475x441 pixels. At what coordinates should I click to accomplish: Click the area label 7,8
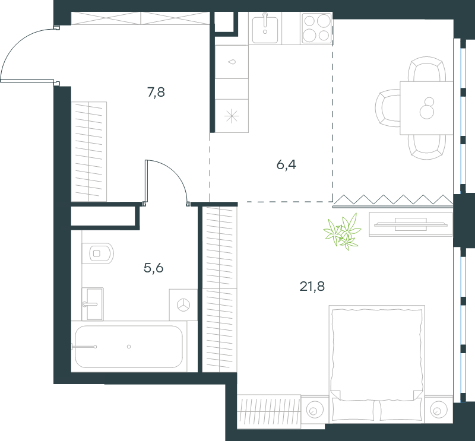pos(156,93)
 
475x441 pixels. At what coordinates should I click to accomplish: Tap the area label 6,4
pos(286,165)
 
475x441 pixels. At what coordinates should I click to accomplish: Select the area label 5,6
pos(154,268)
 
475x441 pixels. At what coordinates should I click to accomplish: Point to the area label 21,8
pos(312,286)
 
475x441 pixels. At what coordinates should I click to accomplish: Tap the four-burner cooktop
pos(316,28)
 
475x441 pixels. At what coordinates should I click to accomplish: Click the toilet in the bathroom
pos(97,253)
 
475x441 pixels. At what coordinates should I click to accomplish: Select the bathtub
pos(129,347)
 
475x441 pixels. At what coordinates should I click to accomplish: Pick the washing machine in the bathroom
pos(183,304)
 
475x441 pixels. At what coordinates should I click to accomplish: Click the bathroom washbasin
pos(93,304)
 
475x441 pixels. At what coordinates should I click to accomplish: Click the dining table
pos(426,108)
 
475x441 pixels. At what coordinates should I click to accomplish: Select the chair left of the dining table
pos(388,108)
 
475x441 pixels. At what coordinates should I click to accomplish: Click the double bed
pos(377,364)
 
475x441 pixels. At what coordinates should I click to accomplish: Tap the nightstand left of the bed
pos(315,410)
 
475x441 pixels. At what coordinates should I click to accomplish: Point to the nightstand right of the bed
pos(439,410)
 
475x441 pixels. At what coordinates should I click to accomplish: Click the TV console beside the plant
pos(411,224)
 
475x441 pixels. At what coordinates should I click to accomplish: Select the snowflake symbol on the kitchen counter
pos(232,116)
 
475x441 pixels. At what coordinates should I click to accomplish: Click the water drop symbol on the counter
pos(232,62)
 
